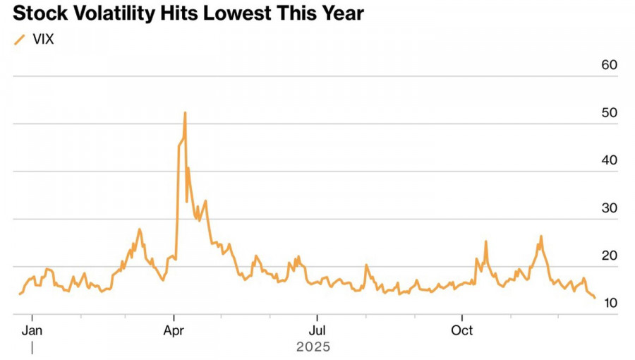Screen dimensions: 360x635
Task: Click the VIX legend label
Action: [x=44, y=40]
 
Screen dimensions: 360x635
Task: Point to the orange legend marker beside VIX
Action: [x=20, y=40]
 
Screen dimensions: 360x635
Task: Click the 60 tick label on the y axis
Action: [x=609, y=65]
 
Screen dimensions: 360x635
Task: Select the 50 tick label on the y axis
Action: [x=609, y=113]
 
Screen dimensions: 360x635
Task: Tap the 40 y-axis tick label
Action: [x=609, y=160]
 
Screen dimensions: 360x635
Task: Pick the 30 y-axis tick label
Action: [x=609, y=208]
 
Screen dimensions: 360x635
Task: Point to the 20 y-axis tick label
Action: [x=609, y=256]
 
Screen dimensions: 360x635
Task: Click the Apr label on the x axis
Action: [x=174, y=330]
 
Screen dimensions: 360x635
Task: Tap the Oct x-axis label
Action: [x=462, y=330]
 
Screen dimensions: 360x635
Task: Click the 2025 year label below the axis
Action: [x=313, y=347]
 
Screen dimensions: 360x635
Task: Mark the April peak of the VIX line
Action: [x=185, y=113]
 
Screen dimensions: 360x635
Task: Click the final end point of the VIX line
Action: [x=595, y=298]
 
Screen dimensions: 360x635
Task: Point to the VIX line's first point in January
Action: [x=20, y=294]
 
